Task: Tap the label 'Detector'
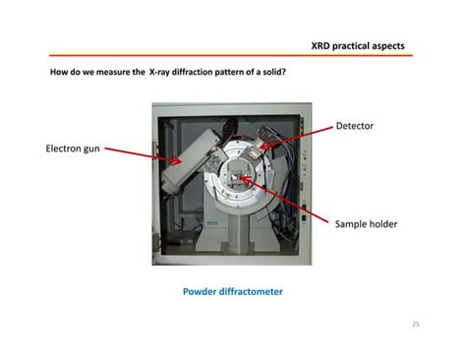(x=355, y=126)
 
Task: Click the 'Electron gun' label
(x=73, y=150)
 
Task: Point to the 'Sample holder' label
(x=366, y=224)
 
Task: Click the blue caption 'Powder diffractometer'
(x=232, y=291)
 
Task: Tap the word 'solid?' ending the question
(x=273, y=74)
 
